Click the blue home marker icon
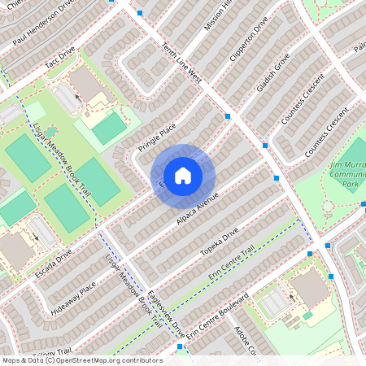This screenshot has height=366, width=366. pyautogui.click(x=183, y=176)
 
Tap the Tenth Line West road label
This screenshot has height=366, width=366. pyautogui.click(x=182, y=63)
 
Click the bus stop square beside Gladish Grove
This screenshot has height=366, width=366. pyautogui.click(x=266, y=146)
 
